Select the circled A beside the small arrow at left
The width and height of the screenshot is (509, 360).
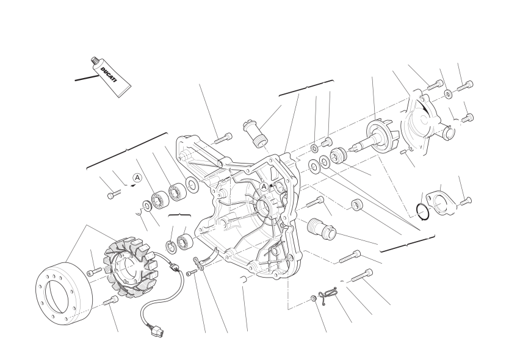pyautogui.click(x=138, y=178)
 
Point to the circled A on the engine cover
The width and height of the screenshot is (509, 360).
pyautogui.click(x=264, y=187)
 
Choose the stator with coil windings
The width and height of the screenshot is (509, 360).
pyautogui.click(x=129, y=265)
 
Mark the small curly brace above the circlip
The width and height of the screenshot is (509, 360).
pyautogui.click(x=179, y=215)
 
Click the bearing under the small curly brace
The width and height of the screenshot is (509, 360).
pyautogui.click(x=186, y=242)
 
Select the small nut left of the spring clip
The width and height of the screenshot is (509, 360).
pyautogui.click(x=314, y=298)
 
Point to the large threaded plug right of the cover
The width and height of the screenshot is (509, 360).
pyautogui.click(x=320, y=229)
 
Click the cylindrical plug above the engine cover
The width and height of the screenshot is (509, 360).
pyautogui.click(x=255, y=134)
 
